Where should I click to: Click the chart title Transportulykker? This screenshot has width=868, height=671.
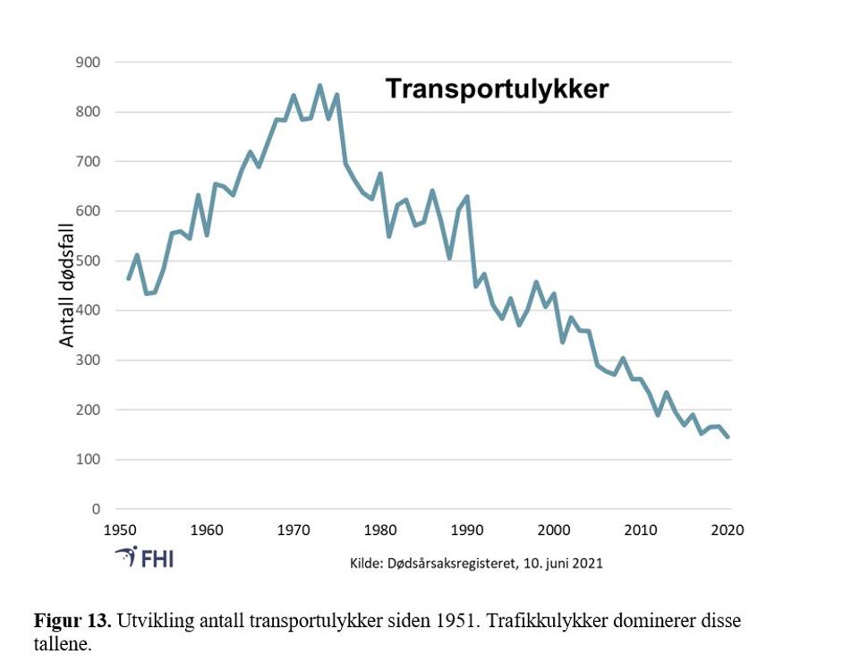[x=497, y=89]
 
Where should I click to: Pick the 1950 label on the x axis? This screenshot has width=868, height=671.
[x=120, y=529]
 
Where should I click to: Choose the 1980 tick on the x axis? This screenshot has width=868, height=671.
[x=381, y=529]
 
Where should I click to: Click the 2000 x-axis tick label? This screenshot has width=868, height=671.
[x=554, y=529]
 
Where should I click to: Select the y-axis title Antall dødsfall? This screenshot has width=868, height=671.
[x=68, y=285]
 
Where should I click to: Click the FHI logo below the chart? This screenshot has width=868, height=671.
[x=145, y=557]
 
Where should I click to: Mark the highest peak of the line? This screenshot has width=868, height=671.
[x=319, y=86]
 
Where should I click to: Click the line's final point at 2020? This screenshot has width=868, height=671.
[x=728, y=437]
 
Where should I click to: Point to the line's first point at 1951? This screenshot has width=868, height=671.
[x=128, y=279]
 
